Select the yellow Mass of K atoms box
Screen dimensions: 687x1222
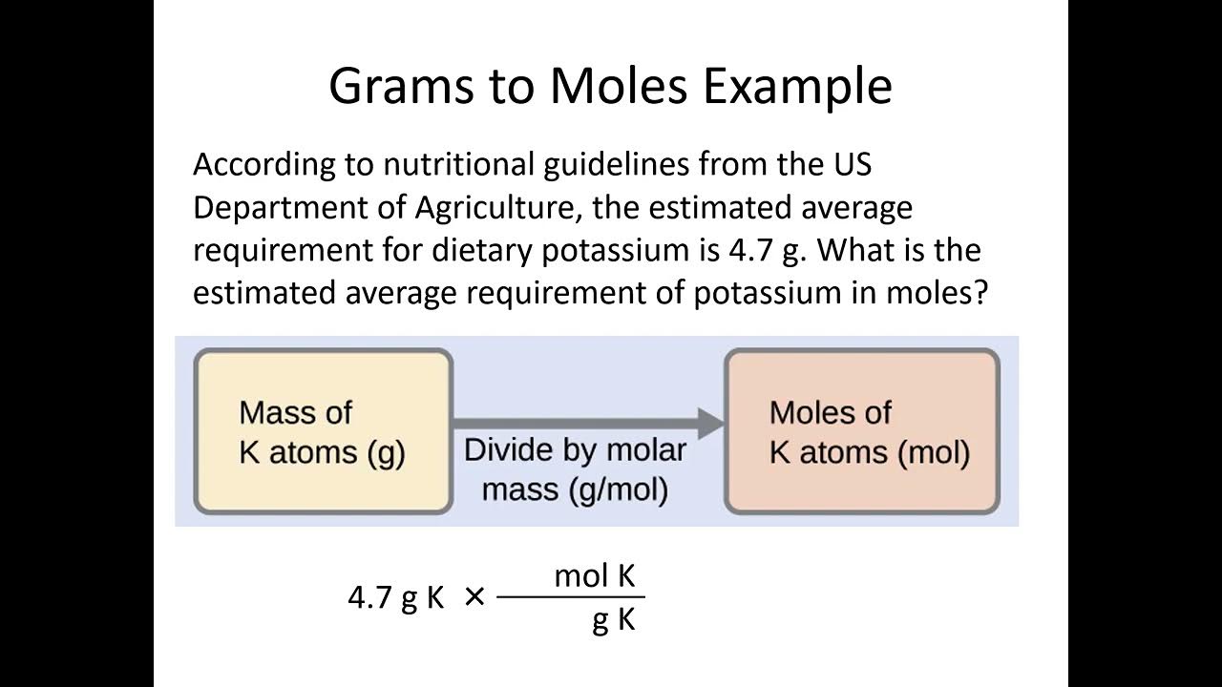pos(323,431)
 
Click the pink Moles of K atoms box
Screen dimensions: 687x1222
pos(862,431)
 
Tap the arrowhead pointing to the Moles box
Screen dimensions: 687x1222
pos(710,422)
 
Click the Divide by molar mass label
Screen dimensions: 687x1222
pos(575,469)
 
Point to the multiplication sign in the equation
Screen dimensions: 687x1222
pos(474,597)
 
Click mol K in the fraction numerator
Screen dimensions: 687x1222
pos(595,576)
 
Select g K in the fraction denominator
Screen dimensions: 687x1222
pos(614,620)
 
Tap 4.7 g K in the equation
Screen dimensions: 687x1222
pos(396,598)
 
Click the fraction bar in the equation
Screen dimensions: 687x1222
pos(571,598)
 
